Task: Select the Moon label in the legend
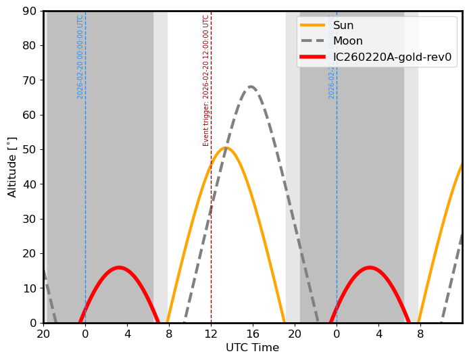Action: tap(348, 41)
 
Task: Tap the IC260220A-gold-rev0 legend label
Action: tap(392, 57)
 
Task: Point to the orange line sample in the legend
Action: tap(312, 26)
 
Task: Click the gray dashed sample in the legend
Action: tap(312, 41)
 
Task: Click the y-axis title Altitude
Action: tap(12, 167)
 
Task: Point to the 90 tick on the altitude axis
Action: tap(29, 11)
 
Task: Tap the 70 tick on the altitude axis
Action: tap(29, 80)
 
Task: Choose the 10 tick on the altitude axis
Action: tap(29, 288)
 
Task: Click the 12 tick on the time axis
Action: tap(211, 334)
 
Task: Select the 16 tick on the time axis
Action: tap(253, 334)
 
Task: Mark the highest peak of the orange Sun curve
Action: tap(226, 148)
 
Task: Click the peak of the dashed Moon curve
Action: tap(251, 86)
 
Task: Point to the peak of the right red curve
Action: tap(369, 267)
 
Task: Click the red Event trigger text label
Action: tap(206, 80)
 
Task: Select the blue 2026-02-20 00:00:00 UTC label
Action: tap(80, 57)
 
